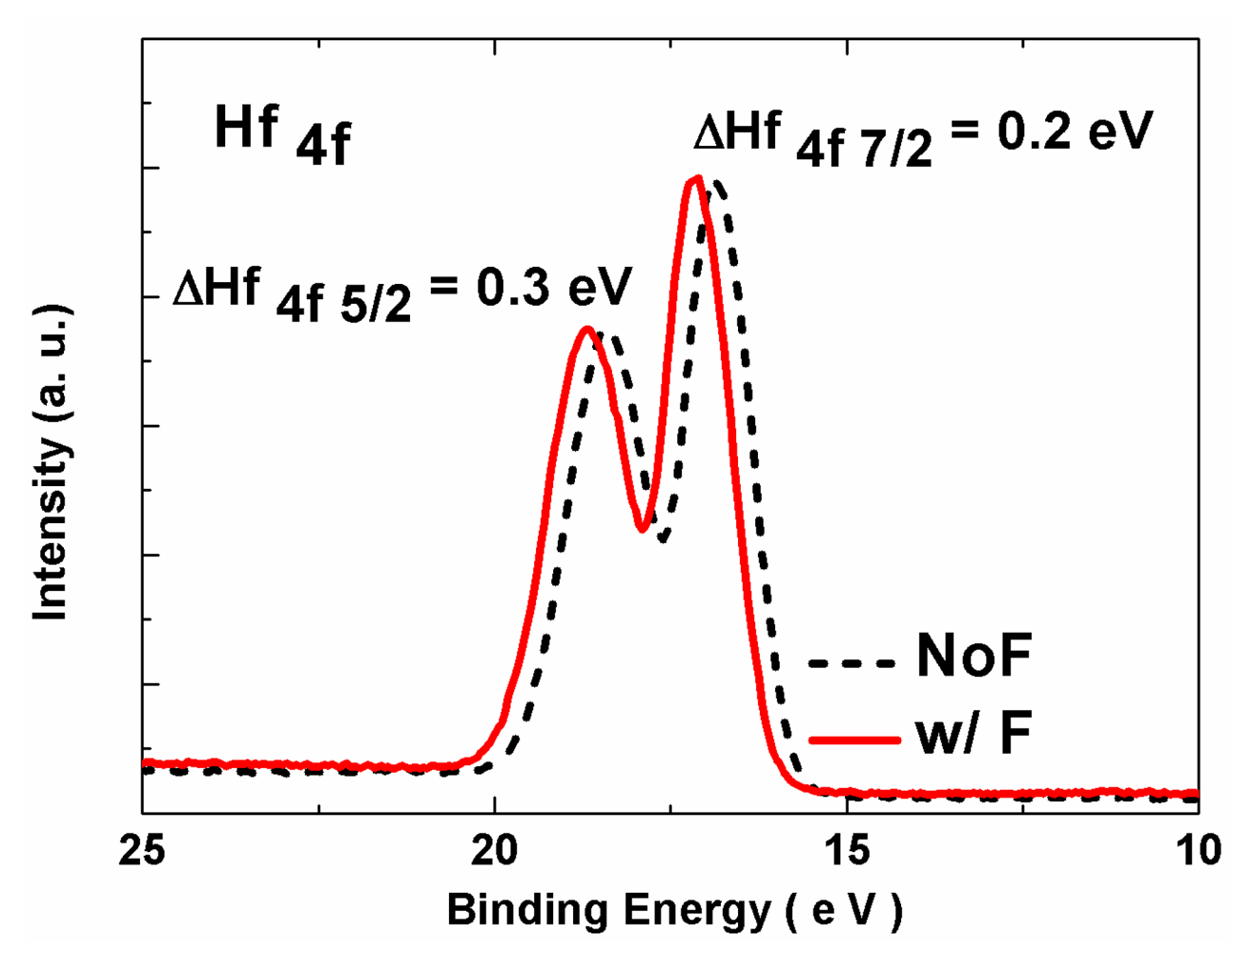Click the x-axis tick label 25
142,850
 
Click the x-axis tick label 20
494,850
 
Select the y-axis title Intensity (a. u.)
52,463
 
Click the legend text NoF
974,657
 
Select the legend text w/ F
974,735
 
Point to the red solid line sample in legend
852,740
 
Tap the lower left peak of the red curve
587,330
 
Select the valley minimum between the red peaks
645,530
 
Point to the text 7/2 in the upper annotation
903,150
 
